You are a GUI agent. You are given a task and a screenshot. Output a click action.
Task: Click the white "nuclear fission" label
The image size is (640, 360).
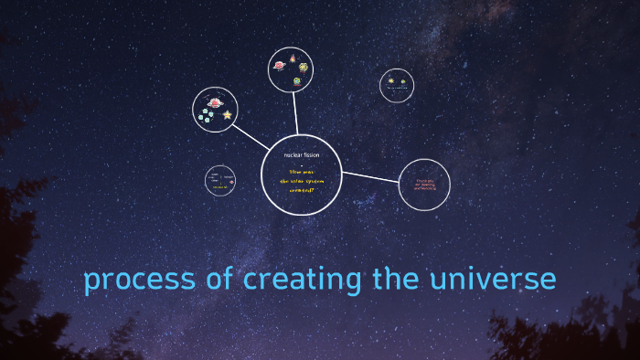301,154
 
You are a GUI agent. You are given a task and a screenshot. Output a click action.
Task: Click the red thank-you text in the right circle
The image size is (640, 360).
425,185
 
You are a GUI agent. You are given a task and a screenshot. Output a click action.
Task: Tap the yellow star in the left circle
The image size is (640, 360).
227,114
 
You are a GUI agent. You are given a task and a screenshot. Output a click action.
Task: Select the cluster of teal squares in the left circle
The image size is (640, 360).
207,116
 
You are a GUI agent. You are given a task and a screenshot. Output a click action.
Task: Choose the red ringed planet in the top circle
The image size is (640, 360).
279,66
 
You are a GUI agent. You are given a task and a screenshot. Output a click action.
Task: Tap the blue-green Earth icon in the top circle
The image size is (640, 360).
298,80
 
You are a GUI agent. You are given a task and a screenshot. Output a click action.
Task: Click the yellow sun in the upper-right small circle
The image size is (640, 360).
391,81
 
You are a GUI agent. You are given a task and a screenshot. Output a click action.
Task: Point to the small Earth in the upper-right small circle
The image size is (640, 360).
402,81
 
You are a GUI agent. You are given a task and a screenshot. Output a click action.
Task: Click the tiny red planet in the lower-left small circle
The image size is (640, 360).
231,182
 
